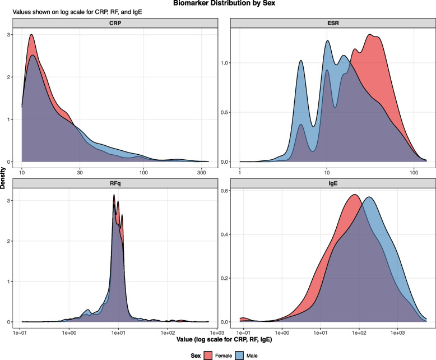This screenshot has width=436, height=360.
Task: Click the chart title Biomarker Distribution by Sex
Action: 224,3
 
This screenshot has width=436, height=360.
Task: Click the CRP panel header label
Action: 115,23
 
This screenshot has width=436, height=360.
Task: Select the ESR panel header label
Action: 333,23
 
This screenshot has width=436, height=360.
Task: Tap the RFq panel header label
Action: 115,183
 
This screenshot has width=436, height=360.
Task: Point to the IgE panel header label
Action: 333,183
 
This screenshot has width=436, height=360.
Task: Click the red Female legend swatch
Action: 208,356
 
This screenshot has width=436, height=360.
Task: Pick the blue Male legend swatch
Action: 239,356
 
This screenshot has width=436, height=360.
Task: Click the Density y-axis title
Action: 3,178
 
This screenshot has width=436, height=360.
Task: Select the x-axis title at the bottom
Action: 224,339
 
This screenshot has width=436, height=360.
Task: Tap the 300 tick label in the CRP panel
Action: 201,173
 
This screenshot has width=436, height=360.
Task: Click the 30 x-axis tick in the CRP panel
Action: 80,173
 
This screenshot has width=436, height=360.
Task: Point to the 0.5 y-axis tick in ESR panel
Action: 224,112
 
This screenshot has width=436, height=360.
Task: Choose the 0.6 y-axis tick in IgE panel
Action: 224,191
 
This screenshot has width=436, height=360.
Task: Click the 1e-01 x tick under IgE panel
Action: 244,333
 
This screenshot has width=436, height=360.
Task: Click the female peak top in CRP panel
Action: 31,35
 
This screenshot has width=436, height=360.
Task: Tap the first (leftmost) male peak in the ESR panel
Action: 301,61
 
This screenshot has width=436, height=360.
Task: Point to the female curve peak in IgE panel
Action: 355,195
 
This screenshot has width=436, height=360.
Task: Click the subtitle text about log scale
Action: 77,12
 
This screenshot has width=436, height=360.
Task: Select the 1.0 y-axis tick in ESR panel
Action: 224,63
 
